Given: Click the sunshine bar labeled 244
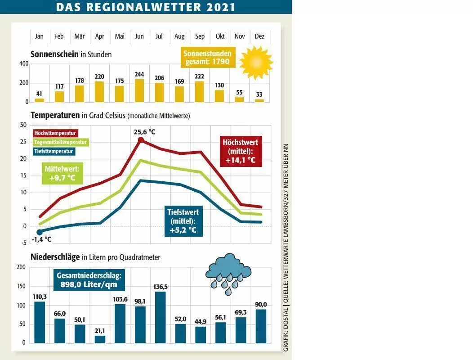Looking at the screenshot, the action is tap(139, 90).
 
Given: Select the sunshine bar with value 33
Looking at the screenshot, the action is tap(259, 100).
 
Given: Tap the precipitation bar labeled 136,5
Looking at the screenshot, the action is tap(161, 317).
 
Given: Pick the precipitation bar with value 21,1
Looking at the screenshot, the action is tap(100, 339).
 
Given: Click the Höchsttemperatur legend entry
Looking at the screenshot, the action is tap(55, 133).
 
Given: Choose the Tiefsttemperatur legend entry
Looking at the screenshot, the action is tap(54, 151).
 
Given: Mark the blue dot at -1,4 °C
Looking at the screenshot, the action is tap(40, 232).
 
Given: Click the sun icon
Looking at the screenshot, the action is tap(256, 63).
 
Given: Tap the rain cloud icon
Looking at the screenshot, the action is tap(228, 273).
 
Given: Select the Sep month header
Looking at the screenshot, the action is tap(200, 36).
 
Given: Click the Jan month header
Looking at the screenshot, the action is tap(39, 36).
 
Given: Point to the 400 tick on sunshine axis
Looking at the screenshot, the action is tap(24, 64).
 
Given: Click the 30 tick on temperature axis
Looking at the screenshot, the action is tap(23, 125).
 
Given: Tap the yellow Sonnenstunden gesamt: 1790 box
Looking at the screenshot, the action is tap(208, 58).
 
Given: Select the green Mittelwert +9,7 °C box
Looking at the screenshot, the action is tap(62, 173).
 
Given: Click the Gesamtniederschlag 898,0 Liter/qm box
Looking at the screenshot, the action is tap(89, 280).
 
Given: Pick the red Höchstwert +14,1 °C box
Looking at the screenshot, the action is tap(241, 151).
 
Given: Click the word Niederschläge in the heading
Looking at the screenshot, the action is tap(55, 257).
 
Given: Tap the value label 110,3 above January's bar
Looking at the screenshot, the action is tap(40, 297).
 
